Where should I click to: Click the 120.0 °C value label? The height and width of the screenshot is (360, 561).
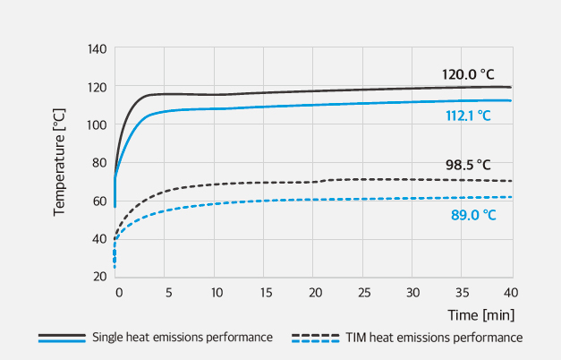tap(468, 75)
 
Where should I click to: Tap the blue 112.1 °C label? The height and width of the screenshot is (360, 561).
tap(468, 116)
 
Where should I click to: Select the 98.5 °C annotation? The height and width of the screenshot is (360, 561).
tap(468, 165)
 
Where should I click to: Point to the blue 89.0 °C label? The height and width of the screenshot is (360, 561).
tap(473, 215)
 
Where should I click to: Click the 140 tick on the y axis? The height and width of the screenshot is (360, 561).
tap(98, 48)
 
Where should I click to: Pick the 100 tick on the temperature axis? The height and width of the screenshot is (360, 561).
tap(98, 124)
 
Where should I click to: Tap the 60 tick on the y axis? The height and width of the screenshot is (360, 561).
tap(100, 200)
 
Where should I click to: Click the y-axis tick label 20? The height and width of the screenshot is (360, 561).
tap(100, 275)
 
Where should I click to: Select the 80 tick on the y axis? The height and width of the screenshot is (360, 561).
tap(100, 162)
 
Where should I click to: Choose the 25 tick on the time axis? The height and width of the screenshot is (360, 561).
tap(363, 293)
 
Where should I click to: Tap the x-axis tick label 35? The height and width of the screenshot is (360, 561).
tap(463, 293)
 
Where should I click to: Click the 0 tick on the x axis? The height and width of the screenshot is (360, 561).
tap(116, 293)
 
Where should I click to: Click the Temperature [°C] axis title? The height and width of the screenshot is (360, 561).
tap(60, 162)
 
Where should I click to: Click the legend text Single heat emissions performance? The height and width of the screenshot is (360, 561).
tap(182, 338)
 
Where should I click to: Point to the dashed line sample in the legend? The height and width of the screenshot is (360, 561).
tap(315, 338)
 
